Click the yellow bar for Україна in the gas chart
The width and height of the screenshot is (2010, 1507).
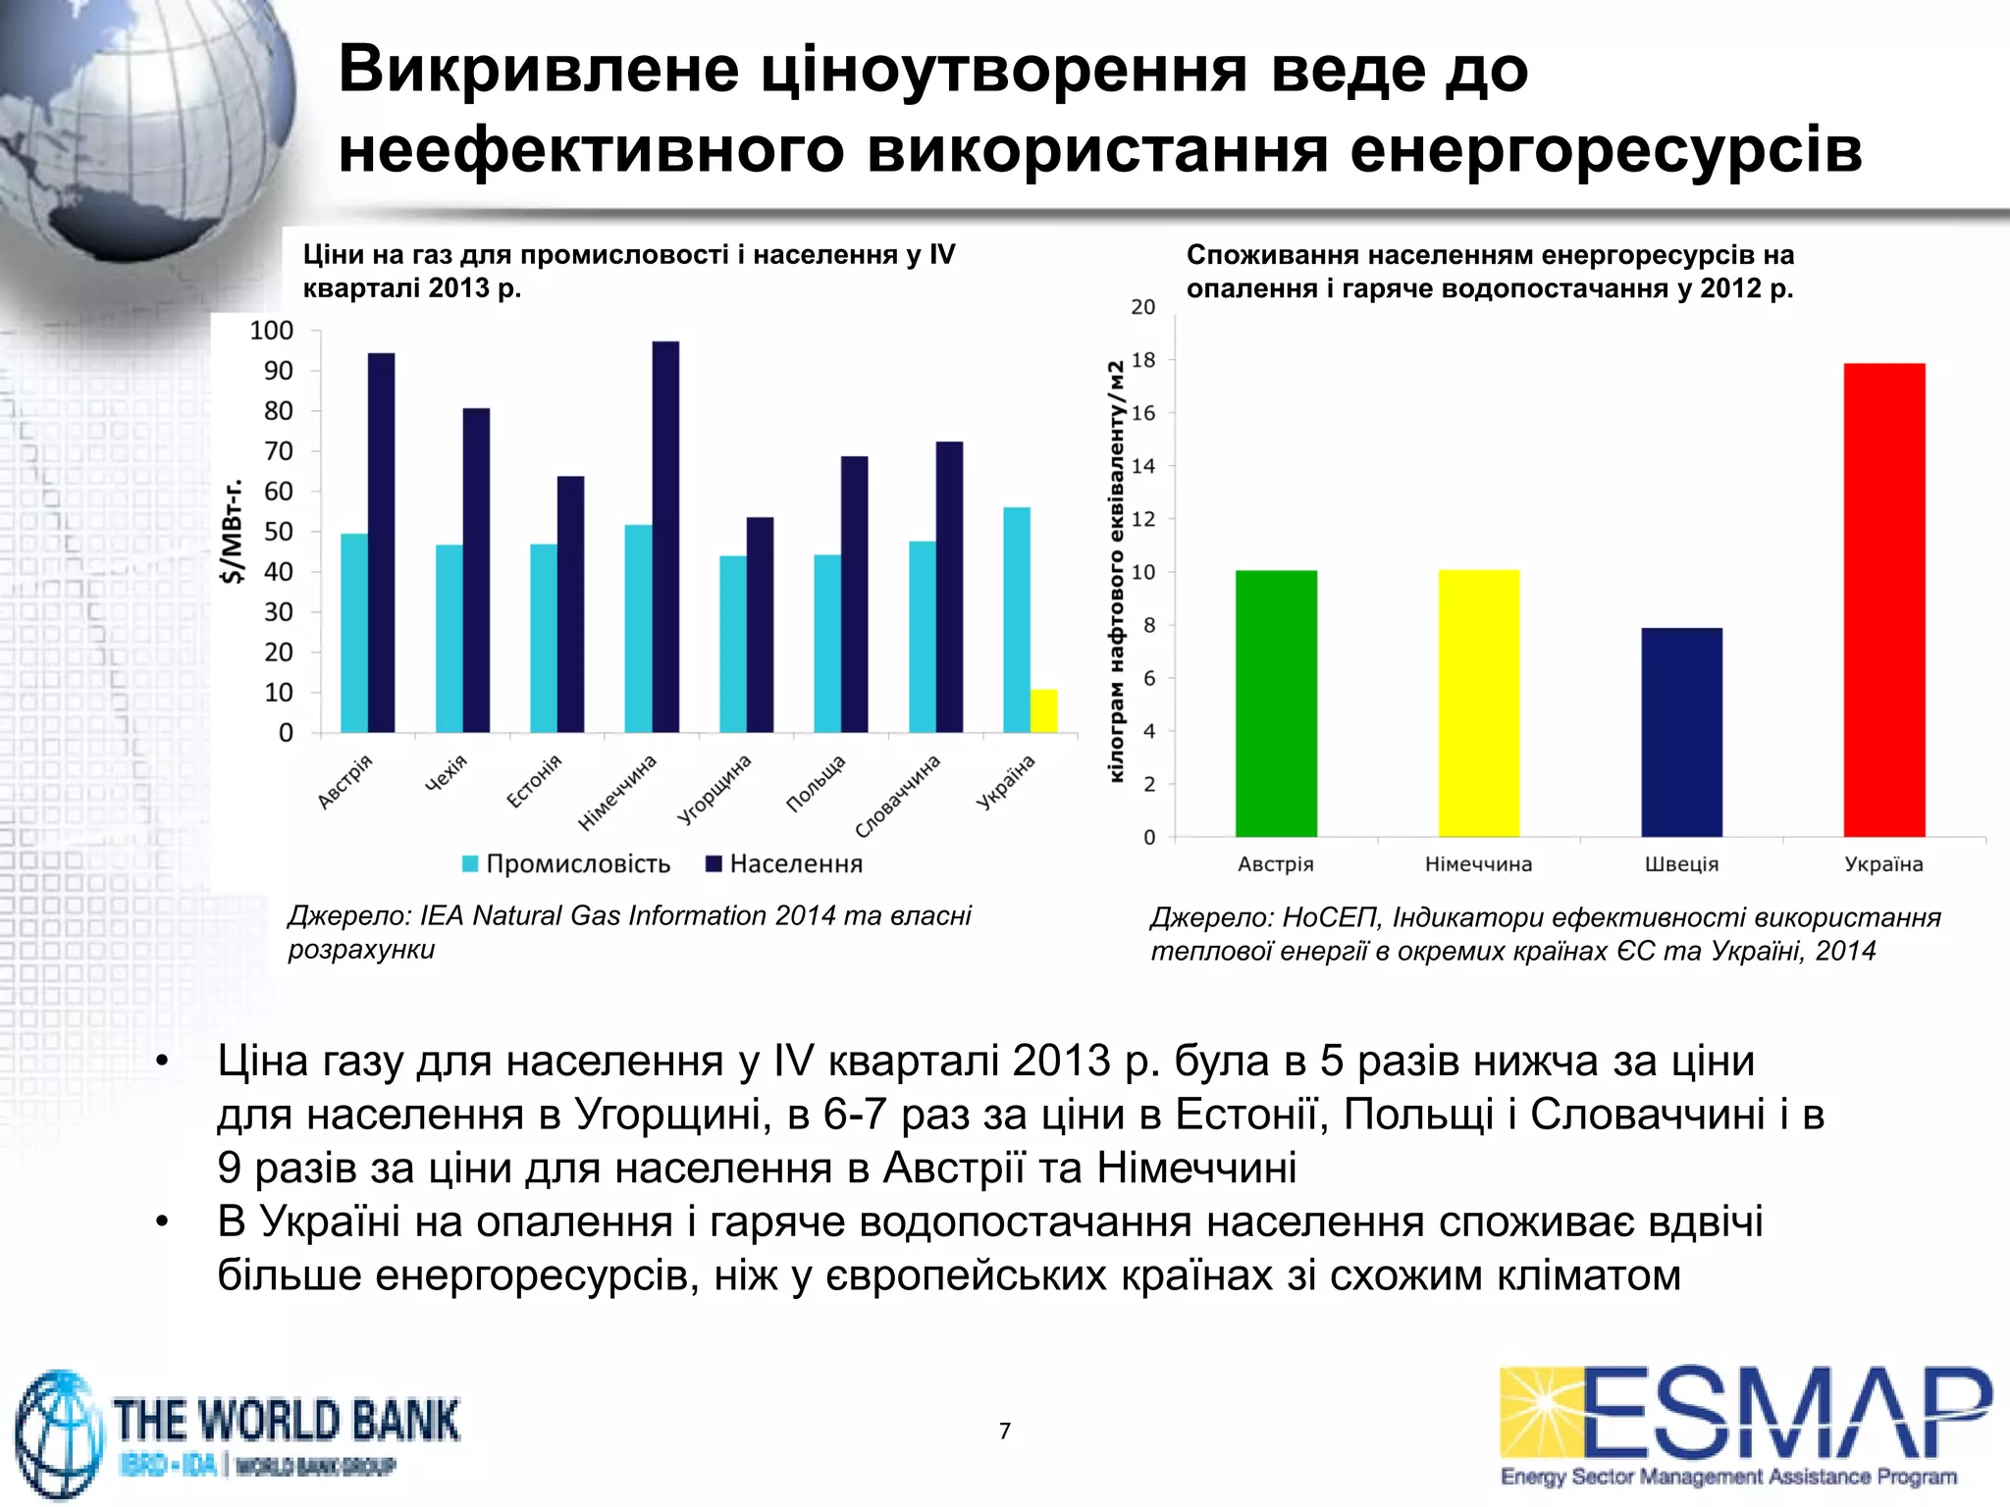pyautogui.click(x=1044, y=711)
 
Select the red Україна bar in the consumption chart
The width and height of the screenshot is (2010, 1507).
pyautogui.click(x=1883, y=599)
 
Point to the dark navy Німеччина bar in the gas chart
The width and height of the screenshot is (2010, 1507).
pyautogui.click(x=665, y=537)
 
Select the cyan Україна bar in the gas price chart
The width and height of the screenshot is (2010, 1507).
pyautogui.click(x=1017, y=619)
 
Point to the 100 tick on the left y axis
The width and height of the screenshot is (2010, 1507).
pyautogui.click(x=272, y=331)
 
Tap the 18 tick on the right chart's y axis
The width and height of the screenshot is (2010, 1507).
pyautogui.click(x=1143, y=360)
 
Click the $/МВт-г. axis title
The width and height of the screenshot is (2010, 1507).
pyautogui.click(x=233, y=532)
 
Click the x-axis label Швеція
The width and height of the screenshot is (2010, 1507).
pyautogui.click(x=1681, y=864)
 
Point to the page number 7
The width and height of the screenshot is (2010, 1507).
pyautogui.click(x=1005, y=1431)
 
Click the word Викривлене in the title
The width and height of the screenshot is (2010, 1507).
pyautogui.click(x=539, y=70)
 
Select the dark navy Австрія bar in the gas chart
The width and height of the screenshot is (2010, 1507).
pyautogui.click(x=381, y=543)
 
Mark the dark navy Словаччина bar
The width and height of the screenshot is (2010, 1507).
pyautogui.click(x=949, y=587)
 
